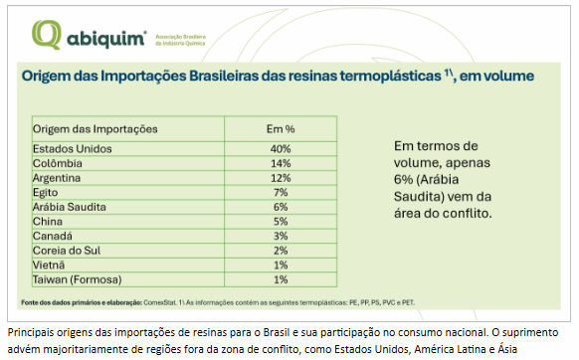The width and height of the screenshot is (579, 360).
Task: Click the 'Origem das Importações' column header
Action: pyautogui.click(x=96, y=129)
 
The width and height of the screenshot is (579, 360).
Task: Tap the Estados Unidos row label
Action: pyautogui.click(x=73, y=149)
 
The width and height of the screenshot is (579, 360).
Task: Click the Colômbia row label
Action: pyautogui.click(x=59, y=162)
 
